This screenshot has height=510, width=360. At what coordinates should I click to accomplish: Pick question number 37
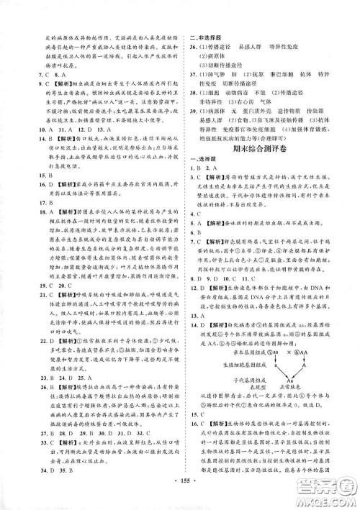click(x=192, y=75)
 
